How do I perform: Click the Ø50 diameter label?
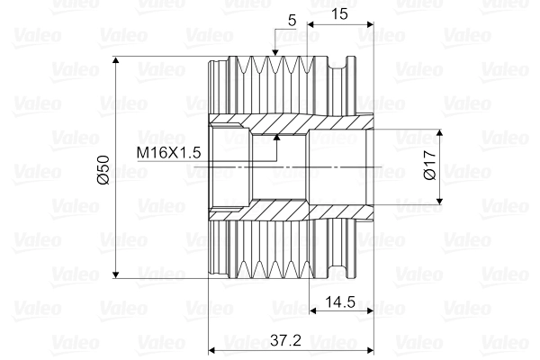point(103,169)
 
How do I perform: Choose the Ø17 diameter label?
point(429,165)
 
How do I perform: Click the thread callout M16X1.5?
point(168,153)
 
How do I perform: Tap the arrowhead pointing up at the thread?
point(278,139)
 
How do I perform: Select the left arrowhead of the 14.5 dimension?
point(314,312)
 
